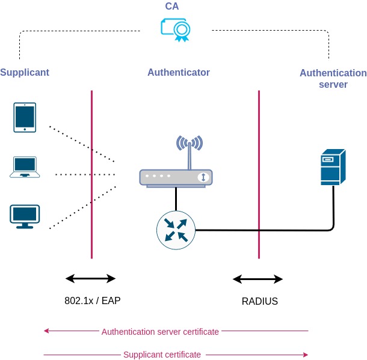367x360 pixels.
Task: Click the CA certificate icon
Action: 176,29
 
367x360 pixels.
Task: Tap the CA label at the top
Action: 172,6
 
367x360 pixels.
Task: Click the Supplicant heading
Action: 24,72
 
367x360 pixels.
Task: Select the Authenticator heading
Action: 179,72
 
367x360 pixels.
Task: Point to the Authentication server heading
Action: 333,78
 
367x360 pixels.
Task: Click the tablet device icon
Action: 25,117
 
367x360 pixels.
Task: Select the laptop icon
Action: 25,167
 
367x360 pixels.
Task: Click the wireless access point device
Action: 176,177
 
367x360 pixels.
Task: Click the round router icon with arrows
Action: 176,230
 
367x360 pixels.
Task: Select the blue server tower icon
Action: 333,167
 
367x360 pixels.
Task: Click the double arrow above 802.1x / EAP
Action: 90,278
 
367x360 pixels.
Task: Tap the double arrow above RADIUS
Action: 258,279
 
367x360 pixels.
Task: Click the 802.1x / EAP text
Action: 93,301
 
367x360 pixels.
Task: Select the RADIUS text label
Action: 260,301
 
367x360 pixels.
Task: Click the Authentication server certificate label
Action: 160,332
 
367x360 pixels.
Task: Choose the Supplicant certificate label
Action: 162,355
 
